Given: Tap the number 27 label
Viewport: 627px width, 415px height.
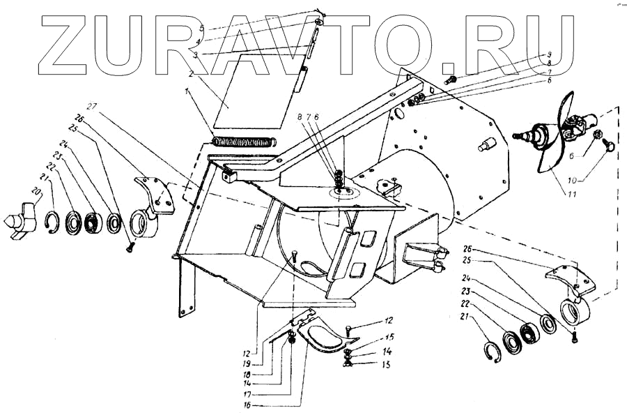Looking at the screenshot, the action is pyautogui.click(x=92, y=107).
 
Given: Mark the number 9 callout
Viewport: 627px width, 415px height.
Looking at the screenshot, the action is pyautogui.click(x=548, y=54).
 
